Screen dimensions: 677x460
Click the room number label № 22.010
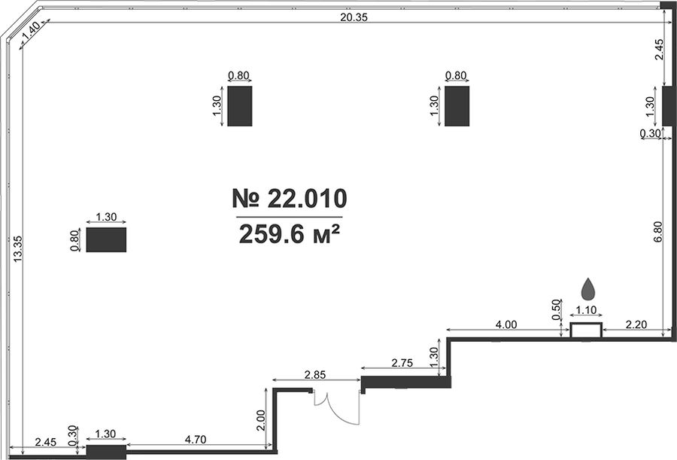point(290,199)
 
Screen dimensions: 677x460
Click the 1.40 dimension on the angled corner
point(31,31)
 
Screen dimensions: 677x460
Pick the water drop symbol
point(587,289)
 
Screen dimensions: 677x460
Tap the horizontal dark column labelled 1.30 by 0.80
point(106,239)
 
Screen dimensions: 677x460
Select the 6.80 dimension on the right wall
point(658,232)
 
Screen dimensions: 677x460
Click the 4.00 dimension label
point(505,324)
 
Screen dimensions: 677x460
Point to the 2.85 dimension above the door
point(314,374)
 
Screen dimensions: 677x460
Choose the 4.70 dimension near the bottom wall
point(195,440)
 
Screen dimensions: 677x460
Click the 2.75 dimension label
point(402,363)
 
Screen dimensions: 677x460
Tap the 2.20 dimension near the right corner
point(636,324)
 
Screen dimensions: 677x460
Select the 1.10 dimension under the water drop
point(586,310)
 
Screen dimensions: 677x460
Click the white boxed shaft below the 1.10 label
point(586,331)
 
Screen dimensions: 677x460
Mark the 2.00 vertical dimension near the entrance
point(260,420)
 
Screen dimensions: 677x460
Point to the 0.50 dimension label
point(557,309)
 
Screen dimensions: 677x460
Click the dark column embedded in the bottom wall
point(106,452)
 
